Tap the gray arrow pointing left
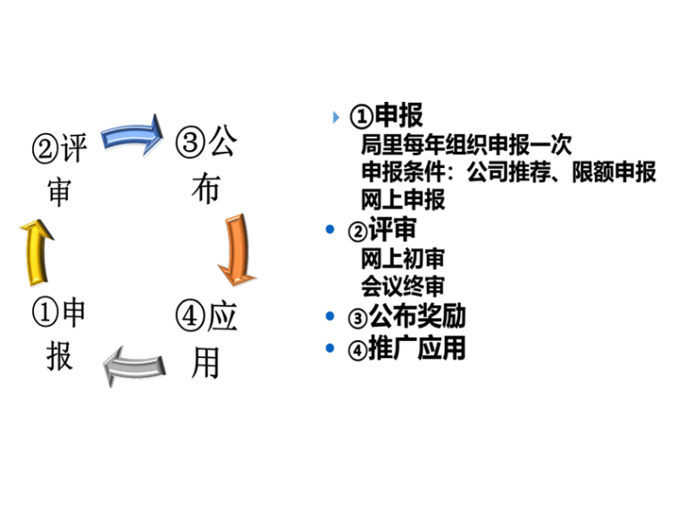135,364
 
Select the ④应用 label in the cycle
206,339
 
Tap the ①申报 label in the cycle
60,335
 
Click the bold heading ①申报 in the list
386,115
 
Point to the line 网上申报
403,199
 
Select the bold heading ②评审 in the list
382,229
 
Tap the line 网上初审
403,259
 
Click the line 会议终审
403,287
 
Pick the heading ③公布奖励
407,316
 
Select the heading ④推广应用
407,347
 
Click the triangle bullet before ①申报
336,117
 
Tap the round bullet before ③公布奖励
331,317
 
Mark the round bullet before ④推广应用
331,348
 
